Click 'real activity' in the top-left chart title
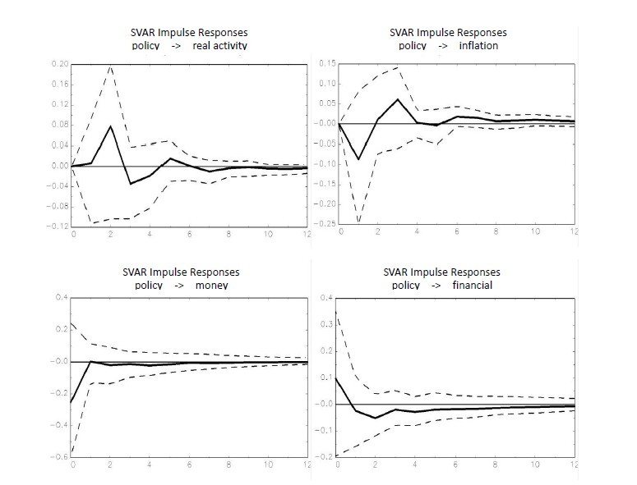point(219,45)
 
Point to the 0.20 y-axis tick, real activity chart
point(58,64)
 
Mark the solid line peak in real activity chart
point(111,126)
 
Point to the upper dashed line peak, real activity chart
point(111,66)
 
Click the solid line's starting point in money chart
point(72,402)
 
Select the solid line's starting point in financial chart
point(337,377)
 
